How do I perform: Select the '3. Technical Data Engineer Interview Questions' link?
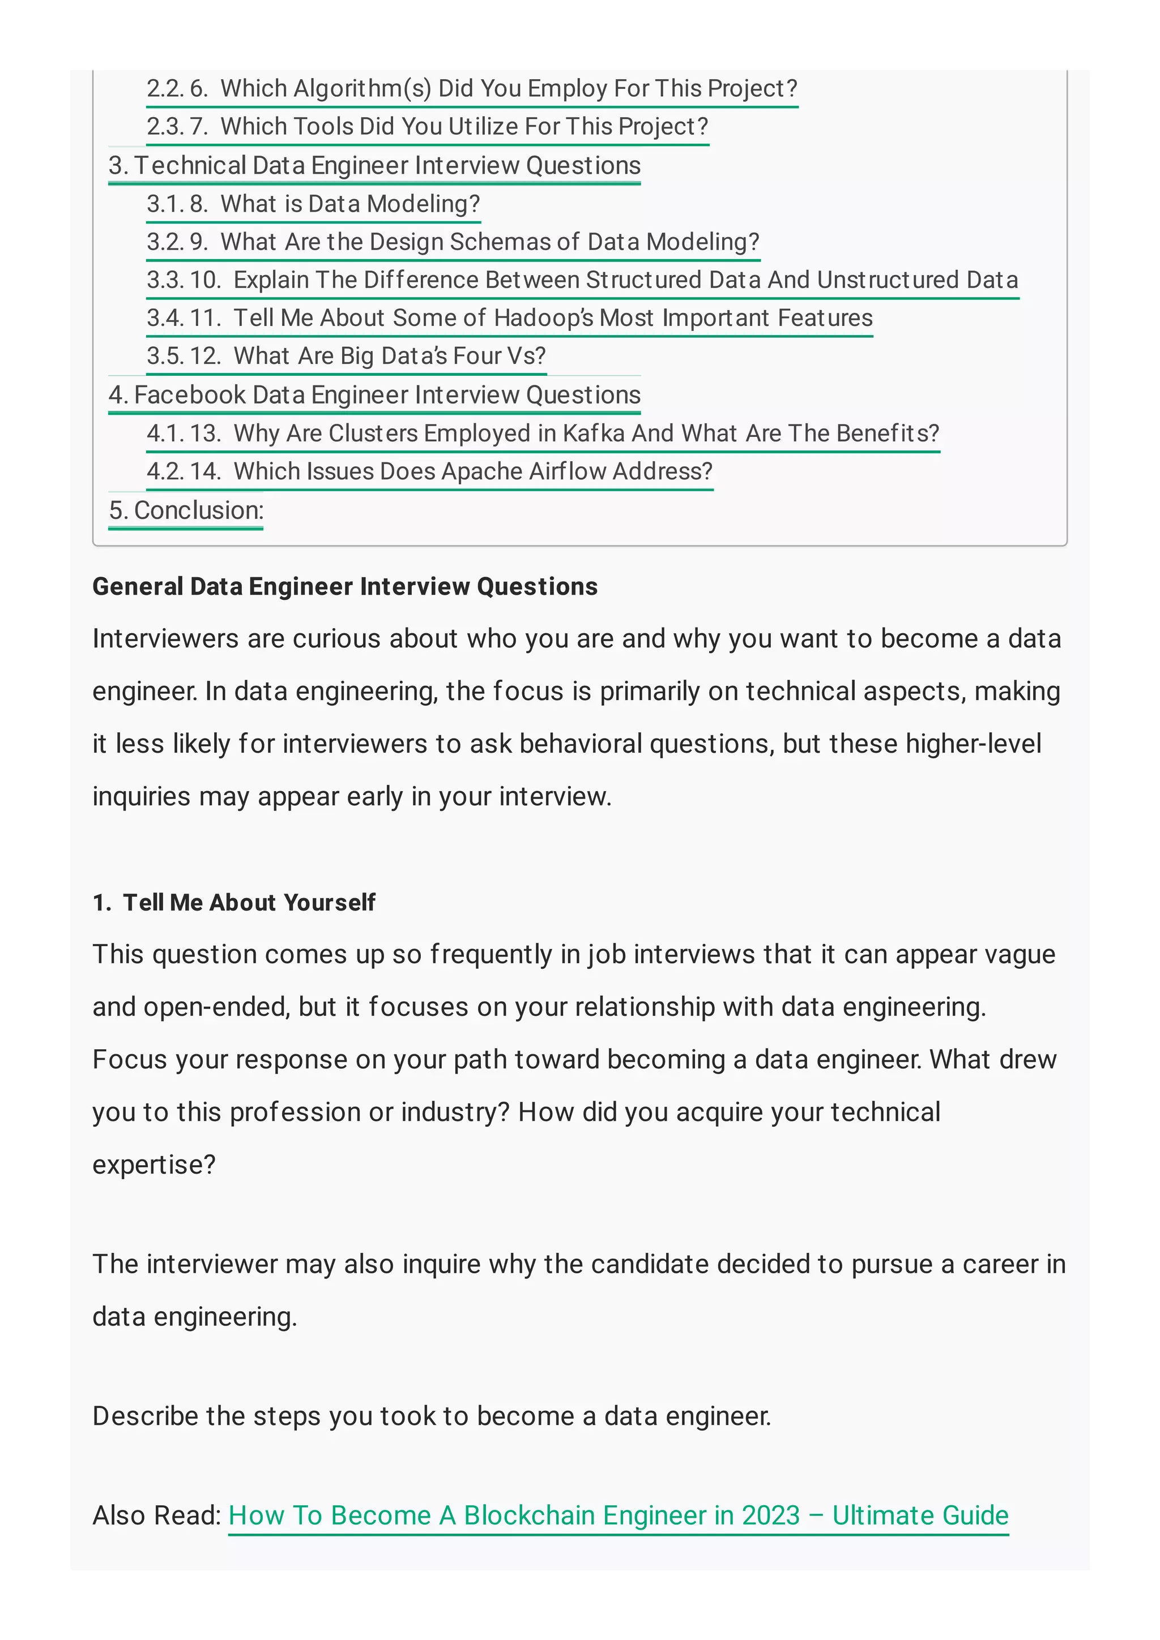click(x=374, y=165)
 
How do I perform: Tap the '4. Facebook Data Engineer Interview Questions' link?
click(x=374, y=394)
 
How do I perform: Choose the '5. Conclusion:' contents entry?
click(x=186, y=510)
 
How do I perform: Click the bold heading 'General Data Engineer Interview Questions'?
click(x=345, y=586)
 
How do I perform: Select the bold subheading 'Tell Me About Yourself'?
click(x=249, y=902)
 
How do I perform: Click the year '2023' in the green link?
click(x=770, y=1515)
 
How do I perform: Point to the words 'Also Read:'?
click(x=156, y=1515)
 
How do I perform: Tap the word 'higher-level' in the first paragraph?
click(x=973, y=744)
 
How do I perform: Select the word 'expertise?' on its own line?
click(x=153, y=1165)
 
